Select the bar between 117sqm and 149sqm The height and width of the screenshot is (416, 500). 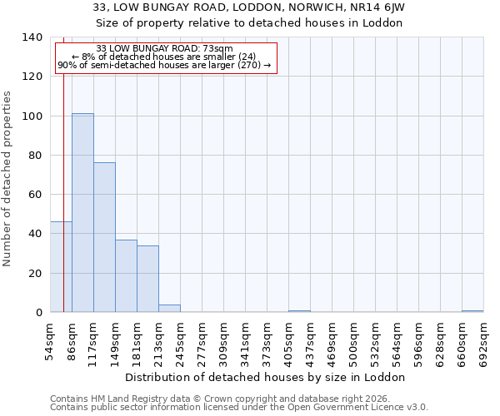(104, 237)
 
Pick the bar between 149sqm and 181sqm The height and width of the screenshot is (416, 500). (126, 275)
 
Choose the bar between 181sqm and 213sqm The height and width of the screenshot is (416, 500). (147, 279)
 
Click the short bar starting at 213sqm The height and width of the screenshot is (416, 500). (169, 308)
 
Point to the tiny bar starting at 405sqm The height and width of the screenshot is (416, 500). (299, 310)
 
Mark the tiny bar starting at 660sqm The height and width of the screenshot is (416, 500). (472, 310)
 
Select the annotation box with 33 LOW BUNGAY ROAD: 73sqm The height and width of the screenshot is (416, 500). (165, 57)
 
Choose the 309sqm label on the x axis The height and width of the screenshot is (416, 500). (224, 339)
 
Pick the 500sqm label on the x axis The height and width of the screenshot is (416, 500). (354, 339)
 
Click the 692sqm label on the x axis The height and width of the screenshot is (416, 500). (484, 339)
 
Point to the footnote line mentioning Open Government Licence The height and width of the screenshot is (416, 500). (239, 408)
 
